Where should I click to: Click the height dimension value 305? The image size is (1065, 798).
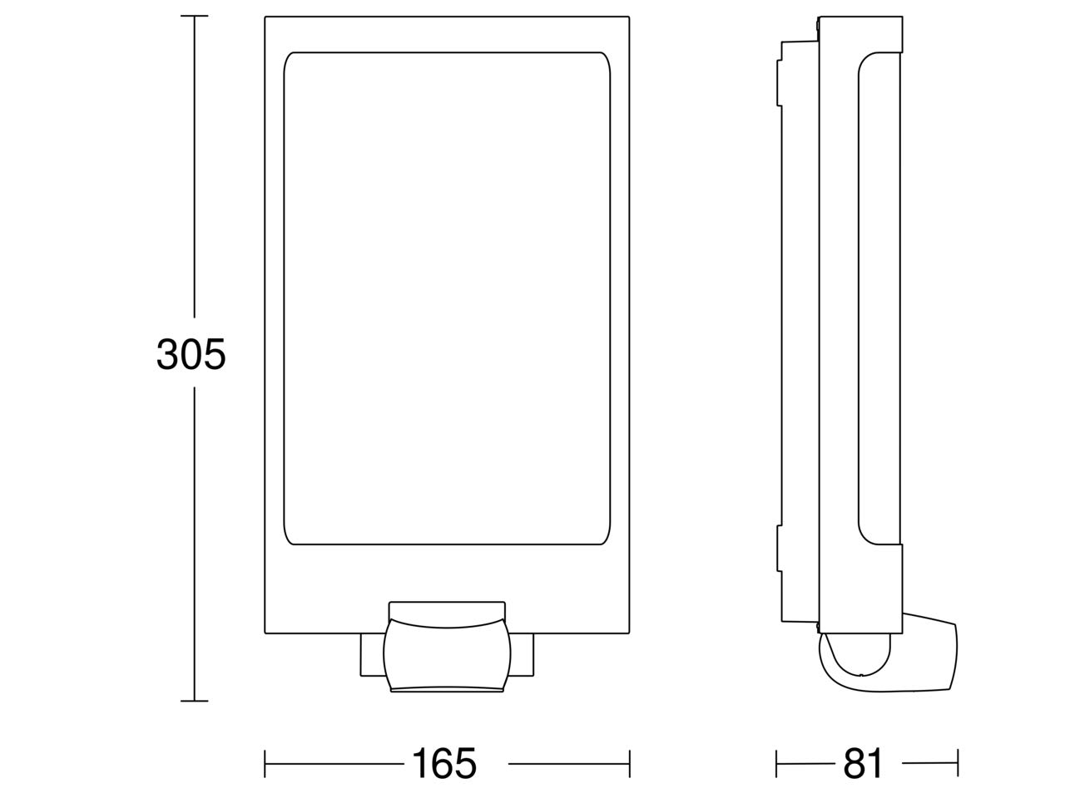click(x=191, y=354)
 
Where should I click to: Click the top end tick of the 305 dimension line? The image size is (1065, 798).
click(x=194, y=16)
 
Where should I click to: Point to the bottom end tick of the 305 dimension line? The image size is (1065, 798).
click(x=194, y=701)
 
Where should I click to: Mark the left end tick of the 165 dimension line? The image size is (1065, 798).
click(x=265, y=764)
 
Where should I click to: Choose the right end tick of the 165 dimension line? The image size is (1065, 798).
click(x=630, y=764)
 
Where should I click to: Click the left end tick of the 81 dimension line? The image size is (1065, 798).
click(x=776, y=764)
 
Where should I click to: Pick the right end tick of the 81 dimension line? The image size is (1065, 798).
click(x=958, y=764)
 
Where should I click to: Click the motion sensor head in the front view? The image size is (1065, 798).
click(x=447, y=654)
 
